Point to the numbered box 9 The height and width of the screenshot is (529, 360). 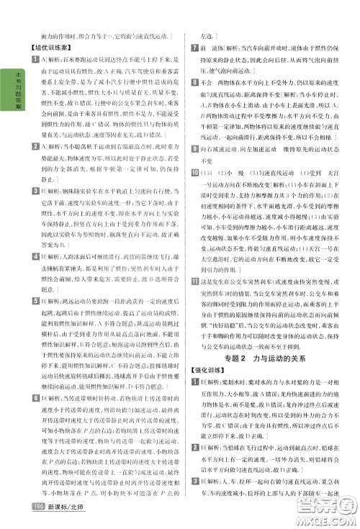point(194,167)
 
